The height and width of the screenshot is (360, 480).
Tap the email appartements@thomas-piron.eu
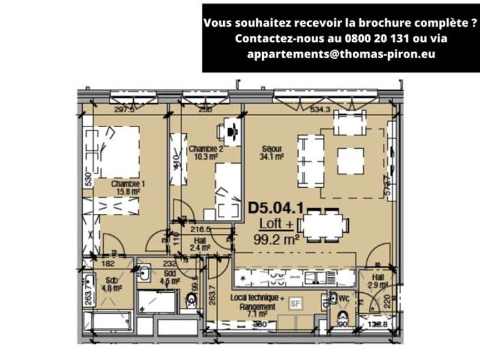click(341, 54)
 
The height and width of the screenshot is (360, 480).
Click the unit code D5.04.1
click(274, 210)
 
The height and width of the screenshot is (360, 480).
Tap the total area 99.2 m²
click(277, 239)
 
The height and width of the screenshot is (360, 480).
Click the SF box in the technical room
click(295, 302)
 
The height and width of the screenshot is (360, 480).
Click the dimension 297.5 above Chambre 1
click(124, 110)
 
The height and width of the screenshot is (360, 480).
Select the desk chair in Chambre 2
click(233, 130)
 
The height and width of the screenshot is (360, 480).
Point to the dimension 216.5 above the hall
click(200, 230)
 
